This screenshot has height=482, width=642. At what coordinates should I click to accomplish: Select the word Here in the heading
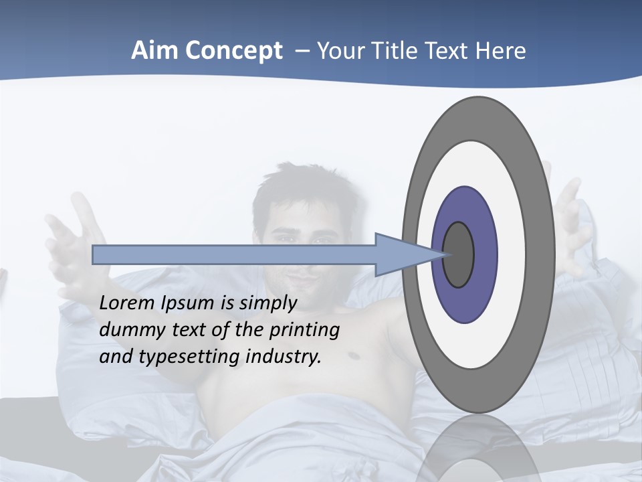tap(500, 51)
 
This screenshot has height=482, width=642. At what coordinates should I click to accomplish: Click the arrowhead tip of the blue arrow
tap(441, 254)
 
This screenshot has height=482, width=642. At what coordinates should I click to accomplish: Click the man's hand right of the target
tap(572, 214)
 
